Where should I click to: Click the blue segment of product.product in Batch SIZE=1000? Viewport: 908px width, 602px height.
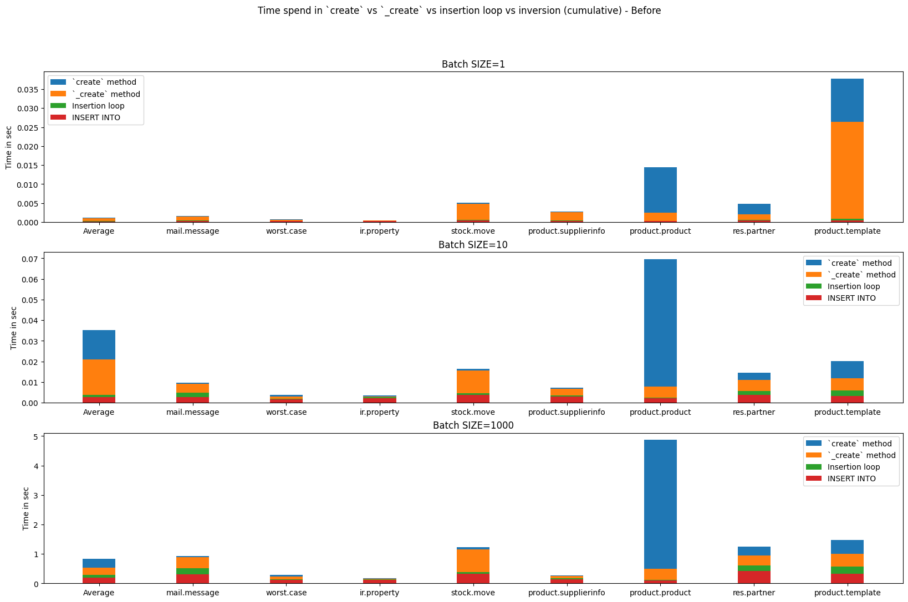(660, 504)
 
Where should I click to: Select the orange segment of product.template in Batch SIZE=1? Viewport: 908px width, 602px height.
(847, 170)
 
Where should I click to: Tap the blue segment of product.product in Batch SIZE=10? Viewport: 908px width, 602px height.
(660, 323)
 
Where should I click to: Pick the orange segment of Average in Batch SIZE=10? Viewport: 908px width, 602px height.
(99, 377)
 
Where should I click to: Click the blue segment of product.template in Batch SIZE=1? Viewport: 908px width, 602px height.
(847, 100)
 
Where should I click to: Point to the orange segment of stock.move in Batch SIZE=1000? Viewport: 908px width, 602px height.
(473, 560)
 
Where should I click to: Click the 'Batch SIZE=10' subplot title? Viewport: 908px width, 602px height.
(473, 245)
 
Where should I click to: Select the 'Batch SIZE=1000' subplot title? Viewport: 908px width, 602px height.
(473, 425)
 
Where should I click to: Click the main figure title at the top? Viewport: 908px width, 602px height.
(460, 11)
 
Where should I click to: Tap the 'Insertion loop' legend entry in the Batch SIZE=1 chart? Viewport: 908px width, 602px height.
(87, 106)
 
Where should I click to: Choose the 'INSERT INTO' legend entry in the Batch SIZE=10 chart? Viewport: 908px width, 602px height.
(841, 298)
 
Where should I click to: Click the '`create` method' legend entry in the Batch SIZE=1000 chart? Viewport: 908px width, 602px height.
(849, 444)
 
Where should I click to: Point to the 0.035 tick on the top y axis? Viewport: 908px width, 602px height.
(28, 90)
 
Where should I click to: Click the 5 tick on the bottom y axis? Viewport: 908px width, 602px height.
(36, 437)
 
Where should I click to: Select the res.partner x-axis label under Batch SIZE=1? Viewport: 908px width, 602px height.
(754, 231)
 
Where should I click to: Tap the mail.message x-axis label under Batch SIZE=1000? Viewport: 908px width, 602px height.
(192, 593)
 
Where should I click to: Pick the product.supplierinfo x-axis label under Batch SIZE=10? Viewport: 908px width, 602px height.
(567, 412)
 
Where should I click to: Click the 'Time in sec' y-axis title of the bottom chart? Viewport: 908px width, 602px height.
(26, 508)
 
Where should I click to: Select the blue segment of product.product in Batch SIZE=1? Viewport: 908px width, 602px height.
(660, 190)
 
